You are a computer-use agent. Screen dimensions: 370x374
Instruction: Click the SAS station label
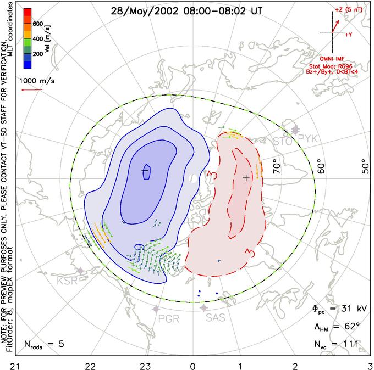(216, 318)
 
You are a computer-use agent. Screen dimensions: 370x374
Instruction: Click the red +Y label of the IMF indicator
(348, 34)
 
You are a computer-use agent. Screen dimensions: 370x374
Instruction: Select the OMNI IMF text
(334, 58)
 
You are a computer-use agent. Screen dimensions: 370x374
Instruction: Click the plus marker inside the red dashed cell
(246, 177)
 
